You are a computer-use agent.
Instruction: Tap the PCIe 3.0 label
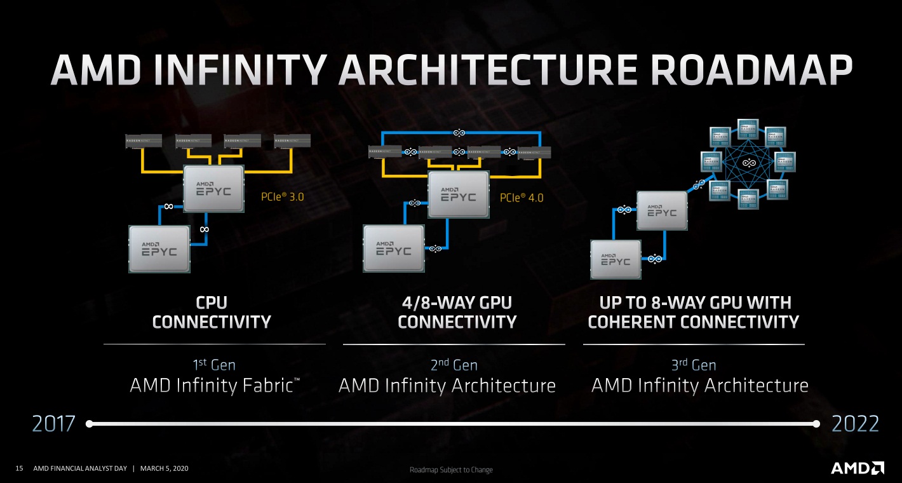click(283, 197)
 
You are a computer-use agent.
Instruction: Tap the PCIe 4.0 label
click(522, 198)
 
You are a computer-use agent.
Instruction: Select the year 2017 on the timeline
click(53, 423)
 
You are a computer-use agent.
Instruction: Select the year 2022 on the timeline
click(853, 423)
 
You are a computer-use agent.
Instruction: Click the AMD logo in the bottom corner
click(857, 468)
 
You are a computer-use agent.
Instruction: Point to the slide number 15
click(19, 469)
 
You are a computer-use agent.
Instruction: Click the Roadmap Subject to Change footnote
click(451, 470)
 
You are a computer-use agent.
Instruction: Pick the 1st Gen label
click(214, 365)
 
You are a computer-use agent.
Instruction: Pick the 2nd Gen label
click(454, 365)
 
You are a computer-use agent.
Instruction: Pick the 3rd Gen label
click(694, 365)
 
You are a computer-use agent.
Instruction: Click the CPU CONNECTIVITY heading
click(212, 312)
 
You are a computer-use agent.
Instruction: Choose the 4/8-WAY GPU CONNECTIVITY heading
click(457, 312)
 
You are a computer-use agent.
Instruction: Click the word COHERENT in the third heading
click(631, 322)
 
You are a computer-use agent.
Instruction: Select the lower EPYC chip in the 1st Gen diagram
click(159, 249)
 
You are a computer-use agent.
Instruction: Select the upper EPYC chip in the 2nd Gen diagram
click(458, 194)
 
